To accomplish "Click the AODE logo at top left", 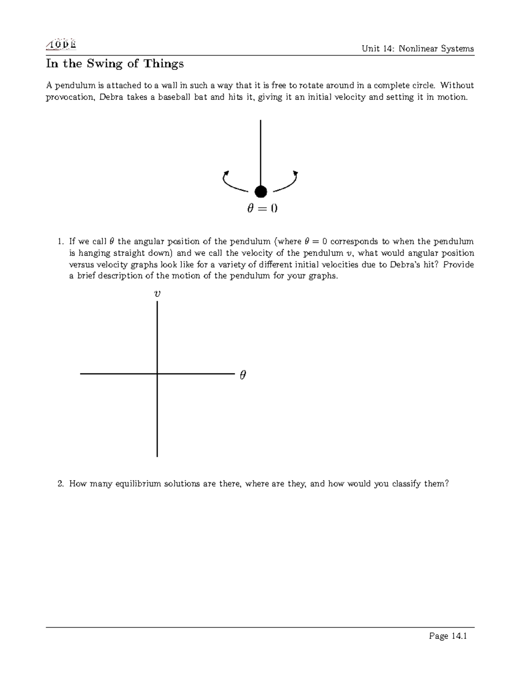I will [x=61, y=44].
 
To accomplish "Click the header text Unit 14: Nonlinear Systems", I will [x=418, y=49].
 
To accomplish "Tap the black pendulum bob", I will [x=260, y=191].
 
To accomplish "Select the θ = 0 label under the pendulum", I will [x=262, y=208].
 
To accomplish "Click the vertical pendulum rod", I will [x=260, y=152].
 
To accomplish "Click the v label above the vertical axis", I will [x=157, y=293].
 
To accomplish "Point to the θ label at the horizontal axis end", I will [x=243, y=375].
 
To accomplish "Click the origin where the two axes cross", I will [x=157, y=373].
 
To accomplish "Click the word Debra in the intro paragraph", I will [x=111, y=97].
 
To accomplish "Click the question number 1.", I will [x=61, y=241].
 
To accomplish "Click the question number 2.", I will [x=61, y=484].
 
